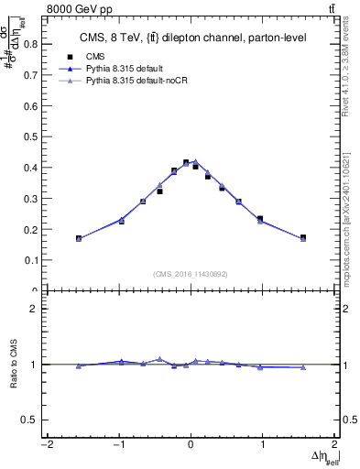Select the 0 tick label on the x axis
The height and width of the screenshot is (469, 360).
point(191,445)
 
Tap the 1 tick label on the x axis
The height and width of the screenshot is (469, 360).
point(263,445)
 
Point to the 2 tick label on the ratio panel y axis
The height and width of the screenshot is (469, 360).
point(33,309)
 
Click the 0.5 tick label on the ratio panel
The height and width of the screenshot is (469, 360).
point(29,420)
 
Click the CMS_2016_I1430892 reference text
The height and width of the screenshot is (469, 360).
point(191,273)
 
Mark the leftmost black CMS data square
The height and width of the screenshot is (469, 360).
point(79,238)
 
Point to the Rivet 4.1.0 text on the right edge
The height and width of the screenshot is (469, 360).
point(351,73)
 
